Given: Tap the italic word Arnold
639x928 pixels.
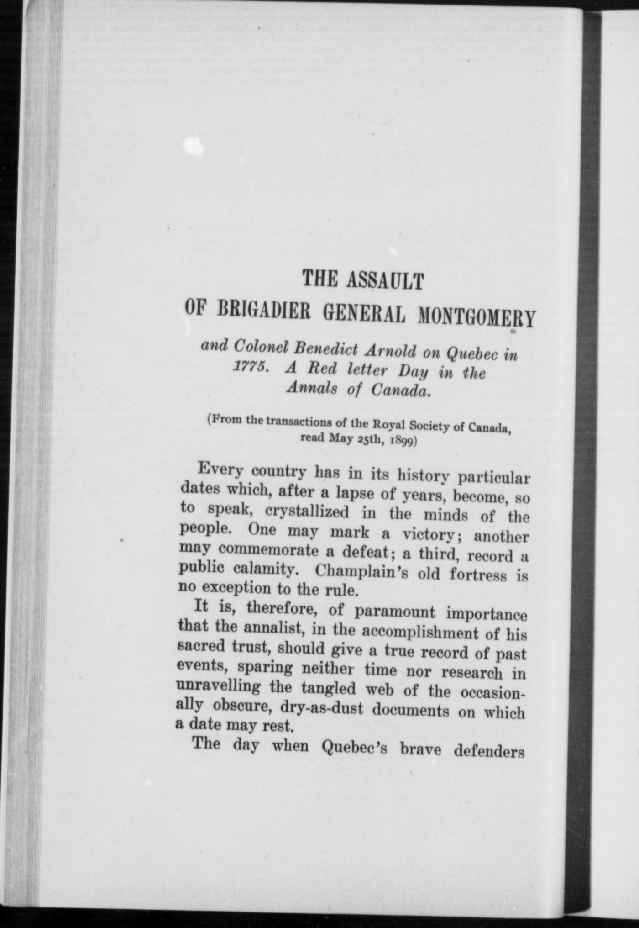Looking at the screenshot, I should coord(390,351).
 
